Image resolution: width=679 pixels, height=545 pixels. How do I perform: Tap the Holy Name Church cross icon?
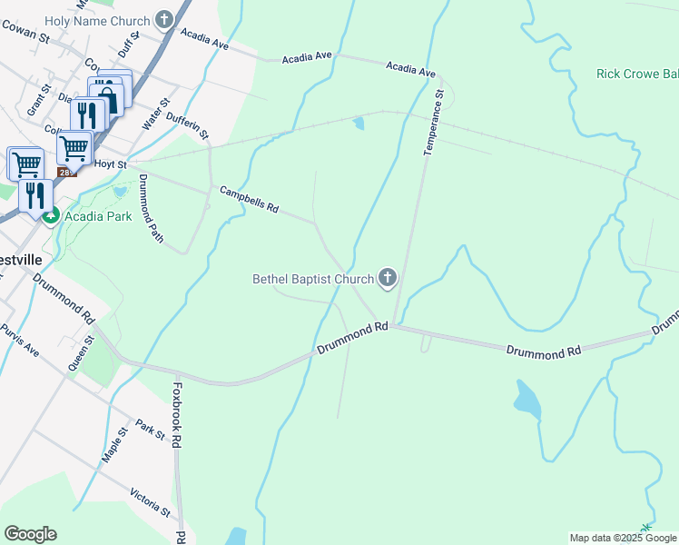164,17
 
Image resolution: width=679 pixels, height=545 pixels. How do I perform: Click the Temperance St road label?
432,122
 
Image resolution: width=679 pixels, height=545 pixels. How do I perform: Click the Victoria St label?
150,500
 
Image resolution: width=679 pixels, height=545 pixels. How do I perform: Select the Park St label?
150,430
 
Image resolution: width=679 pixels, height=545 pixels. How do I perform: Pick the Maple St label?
113,447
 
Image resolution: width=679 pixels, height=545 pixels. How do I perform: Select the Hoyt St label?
109,164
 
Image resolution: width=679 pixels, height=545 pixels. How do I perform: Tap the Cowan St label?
25,32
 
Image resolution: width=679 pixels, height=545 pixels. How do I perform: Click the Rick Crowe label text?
636,74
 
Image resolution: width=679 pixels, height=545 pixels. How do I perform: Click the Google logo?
30,534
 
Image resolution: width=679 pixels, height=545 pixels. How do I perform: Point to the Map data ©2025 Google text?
624,538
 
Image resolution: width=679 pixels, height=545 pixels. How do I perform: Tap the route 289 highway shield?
66,172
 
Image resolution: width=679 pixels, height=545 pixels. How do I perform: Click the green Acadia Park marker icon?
50,216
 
